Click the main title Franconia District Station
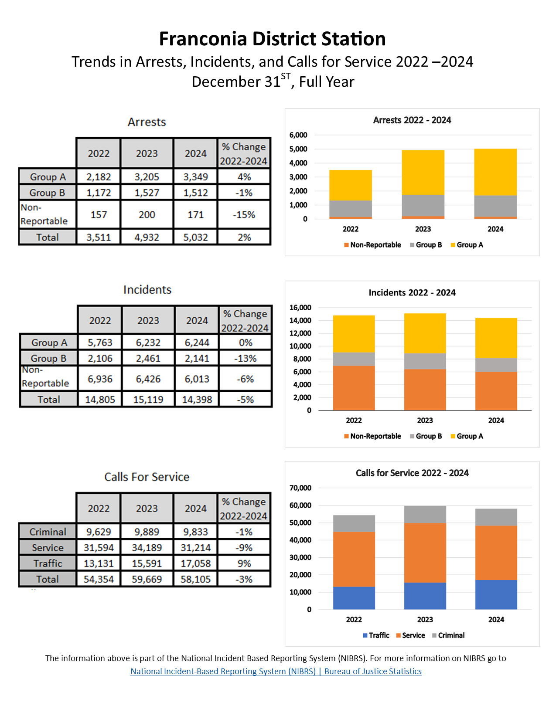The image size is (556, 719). coord(272,39)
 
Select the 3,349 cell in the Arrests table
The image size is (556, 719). coord(195,177)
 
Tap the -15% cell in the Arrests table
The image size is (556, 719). coord(244,214)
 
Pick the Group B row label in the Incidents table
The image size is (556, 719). coord(48,358)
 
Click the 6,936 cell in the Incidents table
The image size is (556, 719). coord(100,379)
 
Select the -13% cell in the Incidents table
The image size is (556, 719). coord(246,358)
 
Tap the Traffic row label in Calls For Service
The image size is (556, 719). coord(48,563)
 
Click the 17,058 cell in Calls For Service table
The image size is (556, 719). coord(195,563)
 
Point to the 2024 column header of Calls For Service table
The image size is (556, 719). coord(195,508)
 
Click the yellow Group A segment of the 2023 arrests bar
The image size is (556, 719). coord(423,172)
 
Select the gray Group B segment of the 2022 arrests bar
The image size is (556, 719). coord(350,208)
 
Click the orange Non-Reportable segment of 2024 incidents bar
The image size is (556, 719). coord(496,391)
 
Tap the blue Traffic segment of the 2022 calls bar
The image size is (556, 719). coord(354,598)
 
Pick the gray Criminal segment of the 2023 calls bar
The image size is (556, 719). coord(425,514)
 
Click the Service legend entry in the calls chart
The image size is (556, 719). coord(413,635)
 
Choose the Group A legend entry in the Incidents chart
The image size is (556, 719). coord(469,436)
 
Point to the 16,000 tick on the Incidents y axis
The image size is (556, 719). coord(300,308)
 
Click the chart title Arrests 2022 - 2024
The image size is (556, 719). coord(412,120)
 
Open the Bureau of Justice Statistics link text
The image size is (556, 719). coord(373,671)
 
